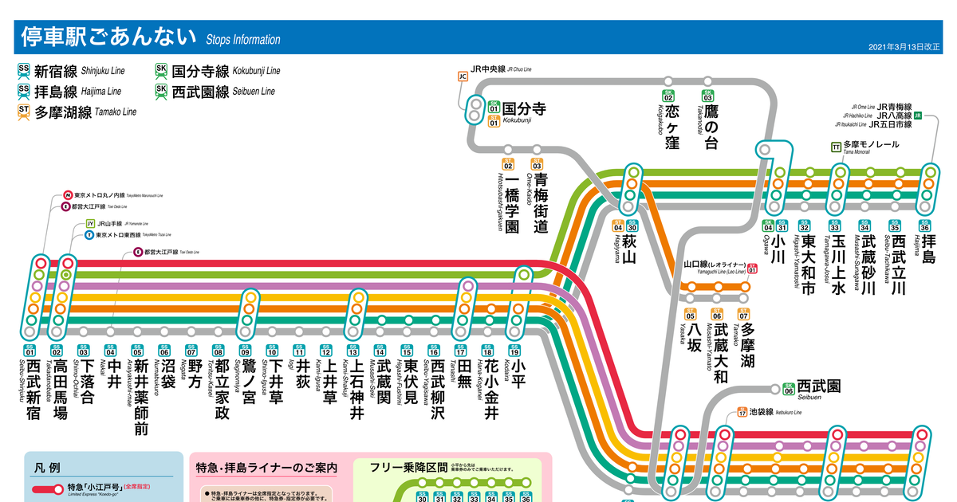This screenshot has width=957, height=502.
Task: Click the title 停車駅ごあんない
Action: pyautogui.click(x=108, y=37)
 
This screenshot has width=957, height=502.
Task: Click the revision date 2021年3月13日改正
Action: pyautogui.click(x=904, y=48)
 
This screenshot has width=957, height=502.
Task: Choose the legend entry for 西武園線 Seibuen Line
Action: pyautogui.click(x=215, y=91)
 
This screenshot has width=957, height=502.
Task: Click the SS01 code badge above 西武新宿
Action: pyautogui.click(x=30, y=351)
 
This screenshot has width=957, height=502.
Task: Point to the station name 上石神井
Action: pyautogui.click(x=357, y=390)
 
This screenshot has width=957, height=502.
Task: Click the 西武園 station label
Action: pyautogui.click(x=819, y=386)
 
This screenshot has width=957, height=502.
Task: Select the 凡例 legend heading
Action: pyautogui.click(x=48, y=468)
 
